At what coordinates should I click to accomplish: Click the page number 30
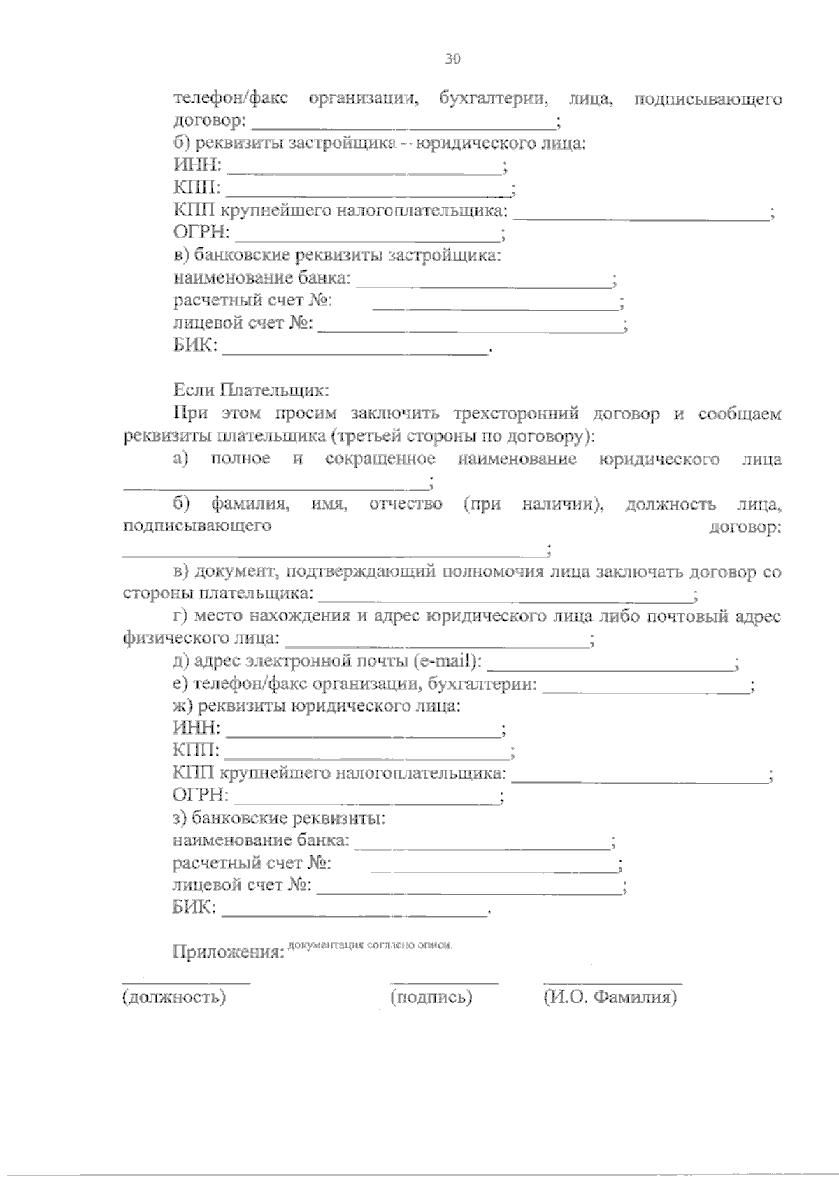click(452, 59)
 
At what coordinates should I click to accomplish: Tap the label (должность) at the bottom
click(174, 997)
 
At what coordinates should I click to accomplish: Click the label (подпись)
click(431, 997)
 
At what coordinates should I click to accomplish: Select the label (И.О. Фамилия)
click(610, 997)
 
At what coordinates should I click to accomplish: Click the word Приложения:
click(227, 953)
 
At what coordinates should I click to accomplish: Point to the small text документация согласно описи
click(371, 946)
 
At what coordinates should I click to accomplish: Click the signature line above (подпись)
click(444, 983)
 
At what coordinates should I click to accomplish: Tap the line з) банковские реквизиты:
click(280, 818)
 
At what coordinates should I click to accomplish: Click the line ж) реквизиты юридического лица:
click(316, 706)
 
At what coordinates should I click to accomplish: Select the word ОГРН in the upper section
click(200, 233)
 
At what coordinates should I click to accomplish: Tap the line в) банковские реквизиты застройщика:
click(337, 255)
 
